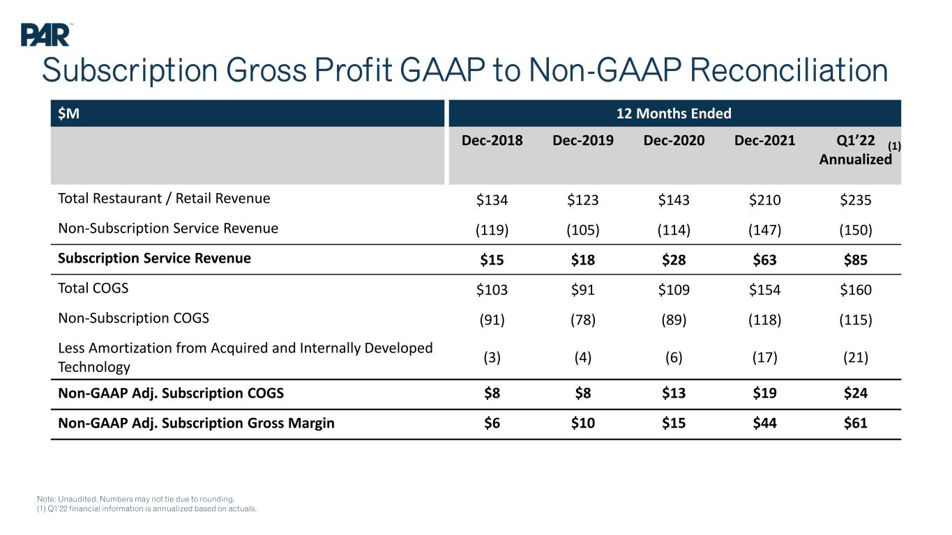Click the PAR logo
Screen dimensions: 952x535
pyautogui.click(x=45, y=35)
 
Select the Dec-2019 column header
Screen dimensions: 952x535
pyautogui.click(x=582, y=141)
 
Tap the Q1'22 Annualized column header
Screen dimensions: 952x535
pyautogui.click(x=856, y=150)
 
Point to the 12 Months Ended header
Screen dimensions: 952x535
pyautogui.click(x=674, y=114)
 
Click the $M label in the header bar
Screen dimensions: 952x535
pyautogui.click(x=68, y=114)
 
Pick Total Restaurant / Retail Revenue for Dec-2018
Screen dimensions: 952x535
pyautogui.click(x=492, y=199)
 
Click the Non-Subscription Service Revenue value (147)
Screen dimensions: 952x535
pyautogui.click(x=764, y=230)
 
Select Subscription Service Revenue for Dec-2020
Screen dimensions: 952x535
pyautogui.click(x=674, y=259)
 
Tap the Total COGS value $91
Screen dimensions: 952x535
pyautogui.click(x=582, y=290)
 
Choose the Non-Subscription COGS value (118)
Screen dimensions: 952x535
pyautogui.click(x=764, y=319)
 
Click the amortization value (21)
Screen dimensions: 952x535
pyautogui.click(x=856, y=357)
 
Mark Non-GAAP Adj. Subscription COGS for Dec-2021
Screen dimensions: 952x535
pyautogui.click(x=764, y=393)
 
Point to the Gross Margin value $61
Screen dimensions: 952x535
pyautogui.click(x=856, y=423)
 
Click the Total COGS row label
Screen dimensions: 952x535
pyautogui.click(x=93, y=288)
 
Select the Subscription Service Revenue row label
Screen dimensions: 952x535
pyautogui.click(x=154, y=258)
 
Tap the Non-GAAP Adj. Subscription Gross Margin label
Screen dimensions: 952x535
pyautogui.click(x=197, y=424)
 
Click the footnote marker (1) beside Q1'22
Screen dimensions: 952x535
pyautogui.click(x=894, y=146)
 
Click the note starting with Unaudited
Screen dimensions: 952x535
pyautogui.click(x=136, y=499)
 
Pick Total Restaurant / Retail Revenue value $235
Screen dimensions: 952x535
pyautogui.click(x=856, y=199)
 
